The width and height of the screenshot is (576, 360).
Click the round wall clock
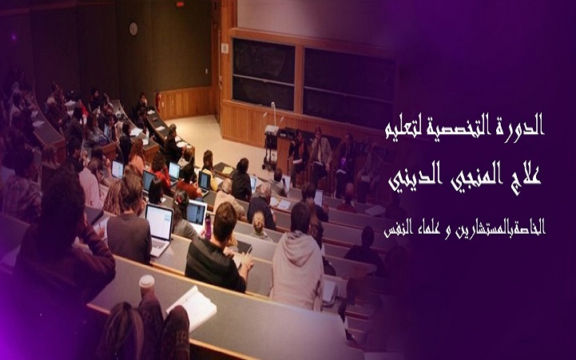coord(133,29)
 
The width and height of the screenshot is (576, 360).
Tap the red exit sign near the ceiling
coord(180,5)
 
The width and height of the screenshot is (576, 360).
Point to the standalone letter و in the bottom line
coord(448,233)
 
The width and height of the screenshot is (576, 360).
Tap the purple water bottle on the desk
coord(208,226)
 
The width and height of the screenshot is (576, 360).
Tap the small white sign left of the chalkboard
coord(224,48)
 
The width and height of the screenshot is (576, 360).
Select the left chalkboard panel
coord(264,73)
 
